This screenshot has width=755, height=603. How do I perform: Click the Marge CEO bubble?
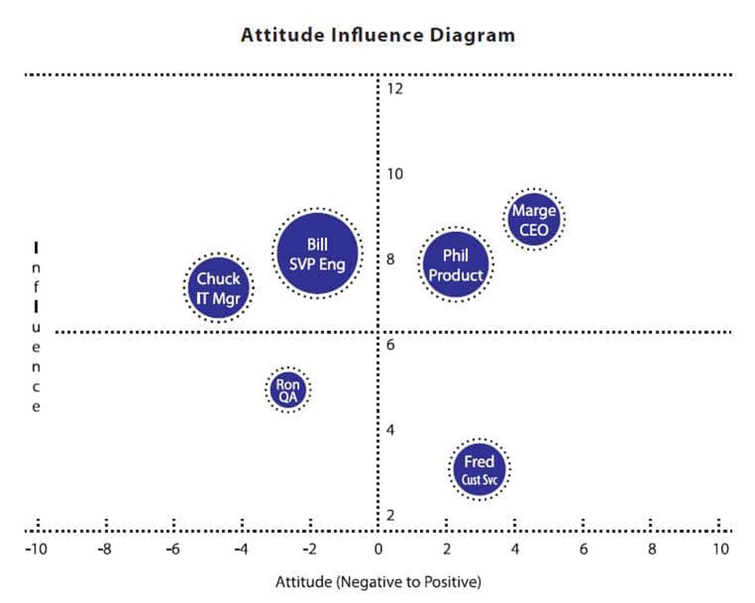tap(534, 219)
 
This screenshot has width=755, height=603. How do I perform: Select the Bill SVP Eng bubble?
tap(318, 253)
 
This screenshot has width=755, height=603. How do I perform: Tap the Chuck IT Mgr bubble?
tap(218, 288)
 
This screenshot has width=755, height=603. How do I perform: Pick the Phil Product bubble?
tap(456, 264)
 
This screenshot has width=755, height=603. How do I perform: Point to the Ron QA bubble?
tap(288, 390)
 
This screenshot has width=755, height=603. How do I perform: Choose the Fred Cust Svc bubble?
tap(479, 469)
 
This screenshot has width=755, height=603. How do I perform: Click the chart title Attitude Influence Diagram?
tap(377, 35)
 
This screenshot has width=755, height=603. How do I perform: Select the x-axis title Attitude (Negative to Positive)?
tap(378, 582)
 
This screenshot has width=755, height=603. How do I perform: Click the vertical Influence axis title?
tap(36, 327)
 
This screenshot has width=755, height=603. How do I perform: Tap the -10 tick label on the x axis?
tap(35, 549)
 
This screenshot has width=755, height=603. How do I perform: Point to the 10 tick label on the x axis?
tap(720, 549)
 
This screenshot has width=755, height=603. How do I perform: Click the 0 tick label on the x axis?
tap(378, 549)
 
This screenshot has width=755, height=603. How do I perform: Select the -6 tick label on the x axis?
tap(172, 549)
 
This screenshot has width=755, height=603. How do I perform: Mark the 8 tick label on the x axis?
tap(652, 549)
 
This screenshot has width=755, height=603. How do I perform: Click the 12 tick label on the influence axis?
tap(395, 89)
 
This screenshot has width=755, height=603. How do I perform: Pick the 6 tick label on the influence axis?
tap(390, 345)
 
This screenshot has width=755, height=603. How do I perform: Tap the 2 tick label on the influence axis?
tap(390, 515)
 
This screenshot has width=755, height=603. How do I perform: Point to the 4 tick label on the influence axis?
tap(390, 430)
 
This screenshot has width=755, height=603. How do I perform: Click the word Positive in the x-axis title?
tap(449, 582)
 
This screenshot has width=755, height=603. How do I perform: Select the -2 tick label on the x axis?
tap(309, 549)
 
